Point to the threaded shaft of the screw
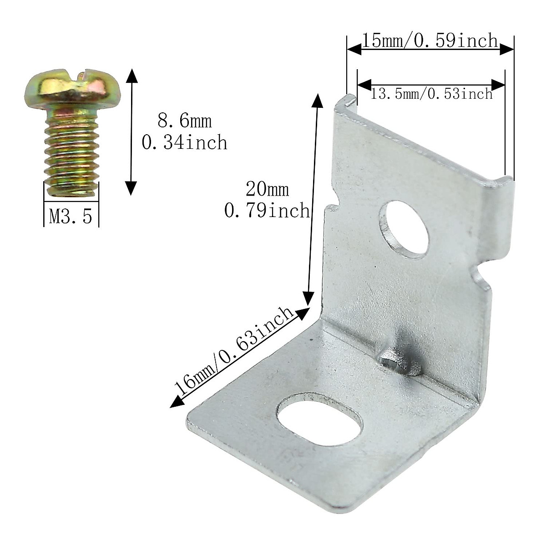(x=71, y=150)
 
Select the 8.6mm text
(x=184, y=121)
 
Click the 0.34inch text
(x=184, y=143)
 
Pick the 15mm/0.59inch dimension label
(x=430, y=41)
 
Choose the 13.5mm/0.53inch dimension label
(x=431, y=94)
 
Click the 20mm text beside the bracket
(x=267, y=189)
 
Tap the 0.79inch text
(x=267, y=211)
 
